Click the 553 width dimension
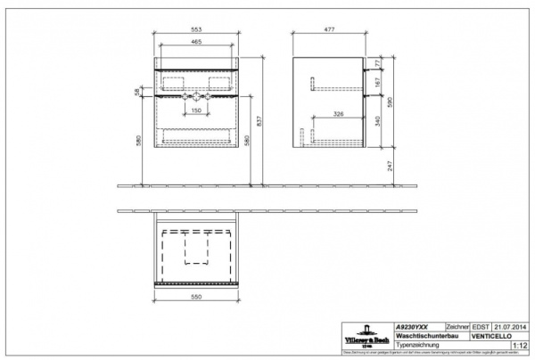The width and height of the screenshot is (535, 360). click(198, 29)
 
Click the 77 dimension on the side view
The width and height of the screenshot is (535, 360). click(377, 64)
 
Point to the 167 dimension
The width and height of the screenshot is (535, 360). click(377, 83)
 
